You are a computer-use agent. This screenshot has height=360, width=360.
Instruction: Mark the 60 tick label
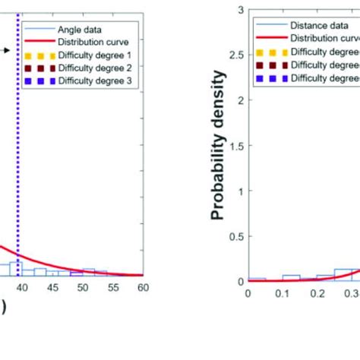[143, 289]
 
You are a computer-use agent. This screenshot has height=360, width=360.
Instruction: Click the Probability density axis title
[219, 145]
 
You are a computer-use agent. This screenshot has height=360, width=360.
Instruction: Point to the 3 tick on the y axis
[240, 10]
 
